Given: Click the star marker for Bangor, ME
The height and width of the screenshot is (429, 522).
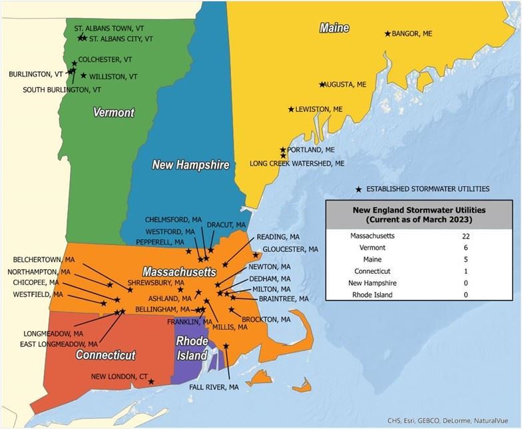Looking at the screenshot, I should coord(388,33).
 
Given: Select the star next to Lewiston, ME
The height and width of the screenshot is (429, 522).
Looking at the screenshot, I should coord(291,109).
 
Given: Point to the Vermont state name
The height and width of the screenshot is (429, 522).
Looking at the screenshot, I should coord(113,113).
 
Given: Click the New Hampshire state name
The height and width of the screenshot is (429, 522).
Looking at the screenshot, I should coord(190,165).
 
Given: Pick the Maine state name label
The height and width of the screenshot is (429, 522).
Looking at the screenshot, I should coord(334,28).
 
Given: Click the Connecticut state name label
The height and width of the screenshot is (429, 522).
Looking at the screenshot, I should coord(105,355).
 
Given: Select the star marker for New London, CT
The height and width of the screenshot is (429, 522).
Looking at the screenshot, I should coord(152,382).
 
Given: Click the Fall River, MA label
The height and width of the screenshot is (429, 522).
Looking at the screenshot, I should coord(214,387).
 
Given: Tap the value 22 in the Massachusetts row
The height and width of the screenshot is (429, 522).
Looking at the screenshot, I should coord(465,235).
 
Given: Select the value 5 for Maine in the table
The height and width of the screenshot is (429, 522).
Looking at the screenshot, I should coord(465,259).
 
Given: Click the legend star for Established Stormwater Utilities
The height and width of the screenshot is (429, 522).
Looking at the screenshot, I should coord(359,189).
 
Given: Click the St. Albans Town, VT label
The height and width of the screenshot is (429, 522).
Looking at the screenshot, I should coord(109,29).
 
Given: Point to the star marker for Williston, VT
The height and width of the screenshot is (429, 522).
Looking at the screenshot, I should coord(83,75).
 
